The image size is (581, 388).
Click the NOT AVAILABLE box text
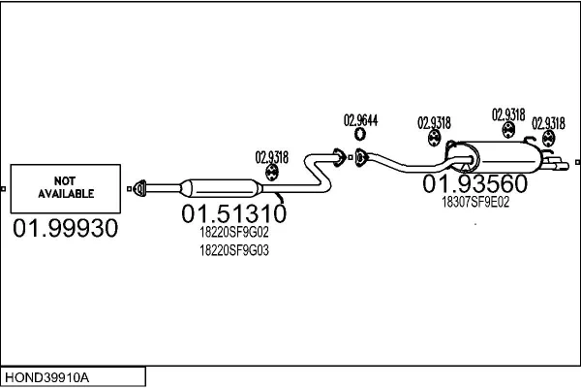coord(66,187)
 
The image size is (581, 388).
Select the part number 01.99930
coord(66,229)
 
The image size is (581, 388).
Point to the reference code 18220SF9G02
coord(233,233)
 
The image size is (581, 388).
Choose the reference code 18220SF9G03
coord(233,250)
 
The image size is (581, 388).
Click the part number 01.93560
coord(474,184)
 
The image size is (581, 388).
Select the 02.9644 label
coord(360,121)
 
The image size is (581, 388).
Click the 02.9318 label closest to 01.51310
coord(272,156)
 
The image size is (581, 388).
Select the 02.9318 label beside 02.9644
coord(434,122)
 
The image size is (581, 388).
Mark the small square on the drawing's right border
coord(577,162)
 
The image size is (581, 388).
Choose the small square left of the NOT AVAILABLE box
coord(4,188)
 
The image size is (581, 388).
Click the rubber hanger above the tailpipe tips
coord(548,142)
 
